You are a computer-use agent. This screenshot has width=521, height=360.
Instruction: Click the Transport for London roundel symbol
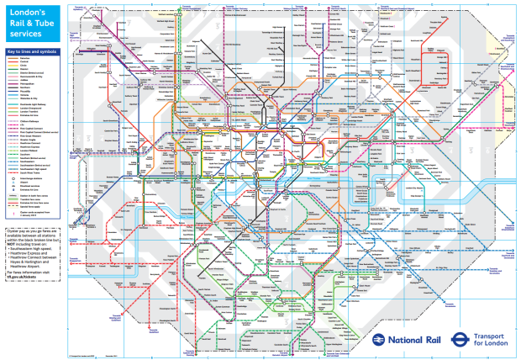[460, 339]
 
